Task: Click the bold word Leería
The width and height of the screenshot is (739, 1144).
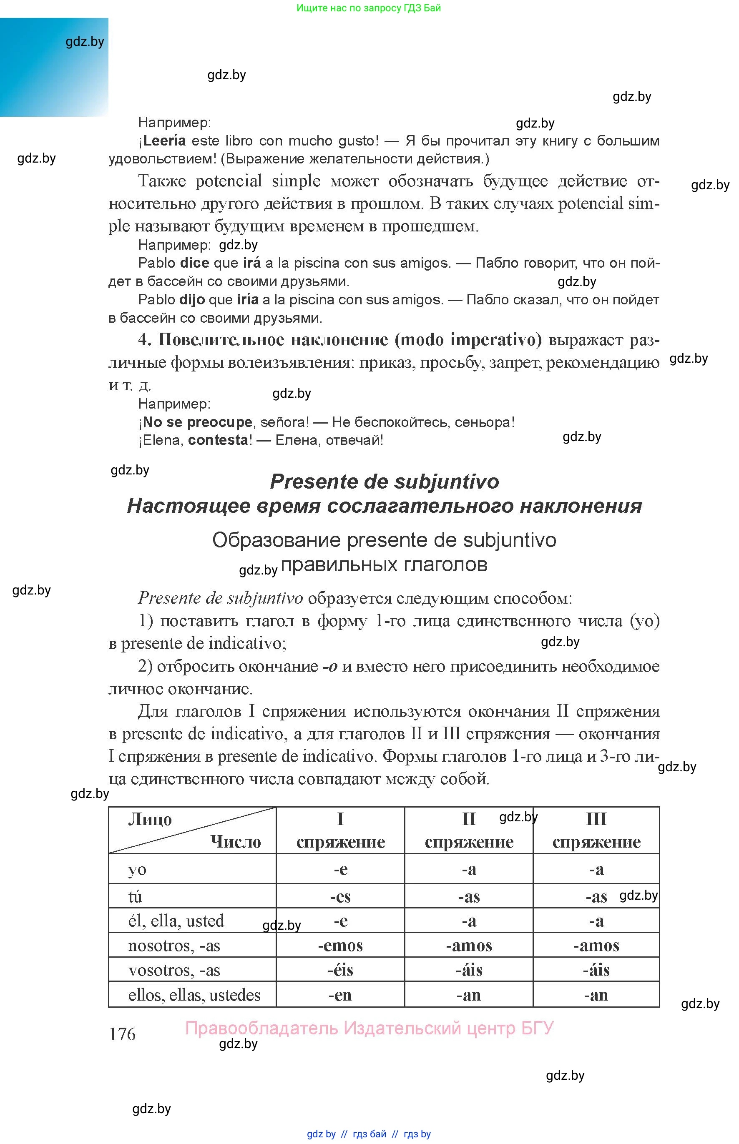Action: pos(164,140)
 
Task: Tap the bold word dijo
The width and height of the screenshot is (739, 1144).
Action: pos(192,300)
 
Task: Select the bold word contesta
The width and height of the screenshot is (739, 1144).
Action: pos(218,440)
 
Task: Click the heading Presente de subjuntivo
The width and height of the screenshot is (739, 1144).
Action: pos(385,482)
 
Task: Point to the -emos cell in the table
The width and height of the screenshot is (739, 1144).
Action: pos(340,946)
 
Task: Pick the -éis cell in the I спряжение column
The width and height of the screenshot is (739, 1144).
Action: pos(340,970)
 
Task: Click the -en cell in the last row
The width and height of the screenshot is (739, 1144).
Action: pos(340,995)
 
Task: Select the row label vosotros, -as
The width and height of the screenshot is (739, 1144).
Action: pos(174,970)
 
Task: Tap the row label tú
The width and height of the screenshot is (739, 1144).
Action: pos(135,896)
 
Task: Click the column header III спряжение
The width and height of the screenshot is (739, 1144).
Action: pos(596,830)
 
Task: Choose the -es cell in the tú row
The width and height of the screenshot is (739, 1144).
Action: pos(340,896)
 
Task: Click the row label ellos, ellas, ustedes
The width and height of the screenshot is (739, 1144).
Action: pos(194,995)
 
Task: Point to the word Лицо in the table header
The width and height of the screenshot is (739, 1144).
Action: pos(150,820)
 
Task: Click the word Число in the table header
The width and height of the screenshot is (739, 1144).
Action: pos(235,842)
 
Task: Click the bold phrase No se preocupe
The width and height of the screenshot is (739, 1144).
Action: pos(197,422)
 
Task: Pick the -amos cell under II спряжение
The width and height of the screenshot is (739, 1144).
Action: pos(469,946)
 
